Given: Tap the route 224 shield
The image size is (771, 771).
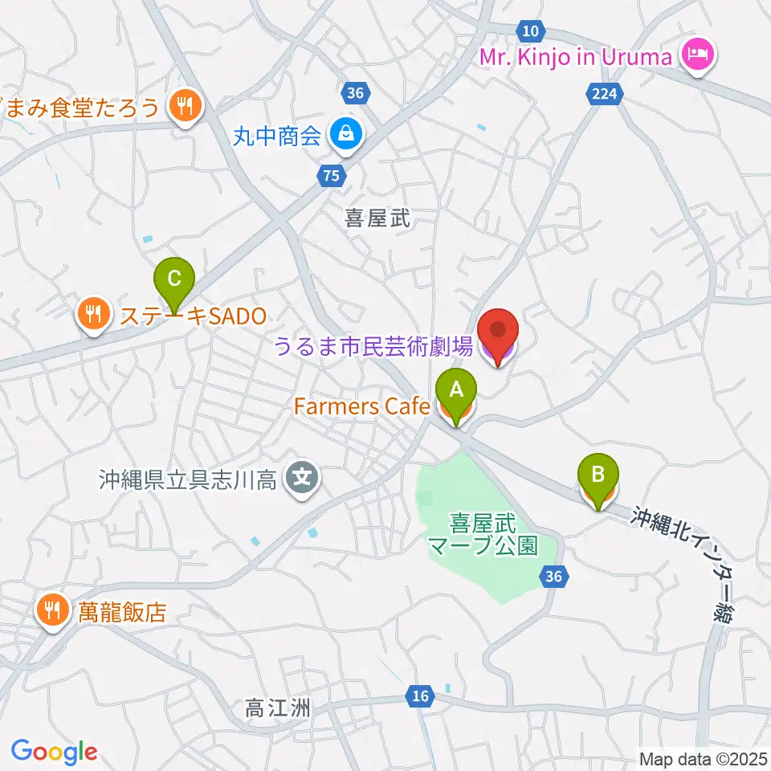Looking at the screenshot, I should point(605,95).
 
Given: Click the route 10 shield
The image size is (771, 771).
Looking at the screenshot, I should point(529,31).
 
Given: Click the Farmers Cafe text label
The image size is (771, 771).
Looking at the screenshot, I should point(362,407).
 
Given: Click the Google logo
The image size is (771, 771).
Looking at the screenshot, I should point(54,752).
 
